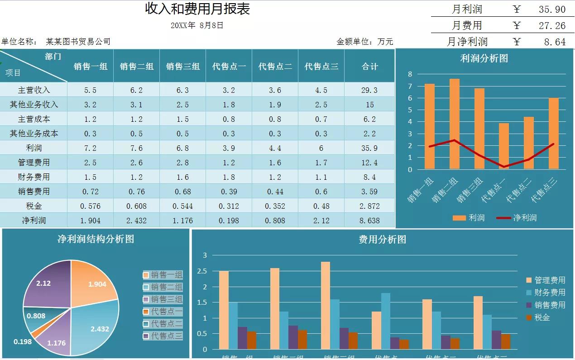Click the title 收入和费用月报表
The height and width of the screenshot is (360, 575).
pos(197,9)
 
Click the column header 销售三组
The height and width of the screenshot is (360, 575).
pos(182,67)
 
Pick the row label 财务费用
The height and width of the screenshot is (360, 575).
pos(34,177)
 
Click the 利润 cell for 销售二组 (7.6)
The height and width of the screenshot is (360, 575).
pos(136,148)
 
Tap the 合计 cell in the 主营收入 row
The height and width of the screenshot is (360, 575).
pos(369,90)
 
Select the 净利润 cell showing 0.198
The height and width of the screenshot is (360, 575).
pos(229,221)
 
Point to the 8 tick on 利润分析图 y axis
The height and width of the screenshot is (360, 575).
pos(410,74)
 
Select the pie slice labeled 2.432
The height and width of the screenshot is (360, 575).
pos(97,328)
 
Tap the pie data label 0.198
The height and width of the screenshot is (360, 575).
pos(23,341)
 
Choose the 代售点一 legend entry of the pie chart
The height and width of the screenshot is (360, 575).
pos(167,312)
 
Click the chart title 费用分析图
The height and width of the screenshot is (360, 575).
pos(382,240)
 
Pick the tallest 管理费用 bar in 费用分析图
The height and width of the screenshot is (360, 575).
pos(325,306)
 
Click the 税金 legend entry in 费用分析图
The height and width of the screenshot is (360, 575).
pos(542,317)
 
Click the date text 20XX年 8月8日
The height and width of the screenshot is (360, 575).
pos(197,25)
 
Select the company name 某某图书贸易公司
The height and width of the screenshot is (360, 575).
pos(78,42)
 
